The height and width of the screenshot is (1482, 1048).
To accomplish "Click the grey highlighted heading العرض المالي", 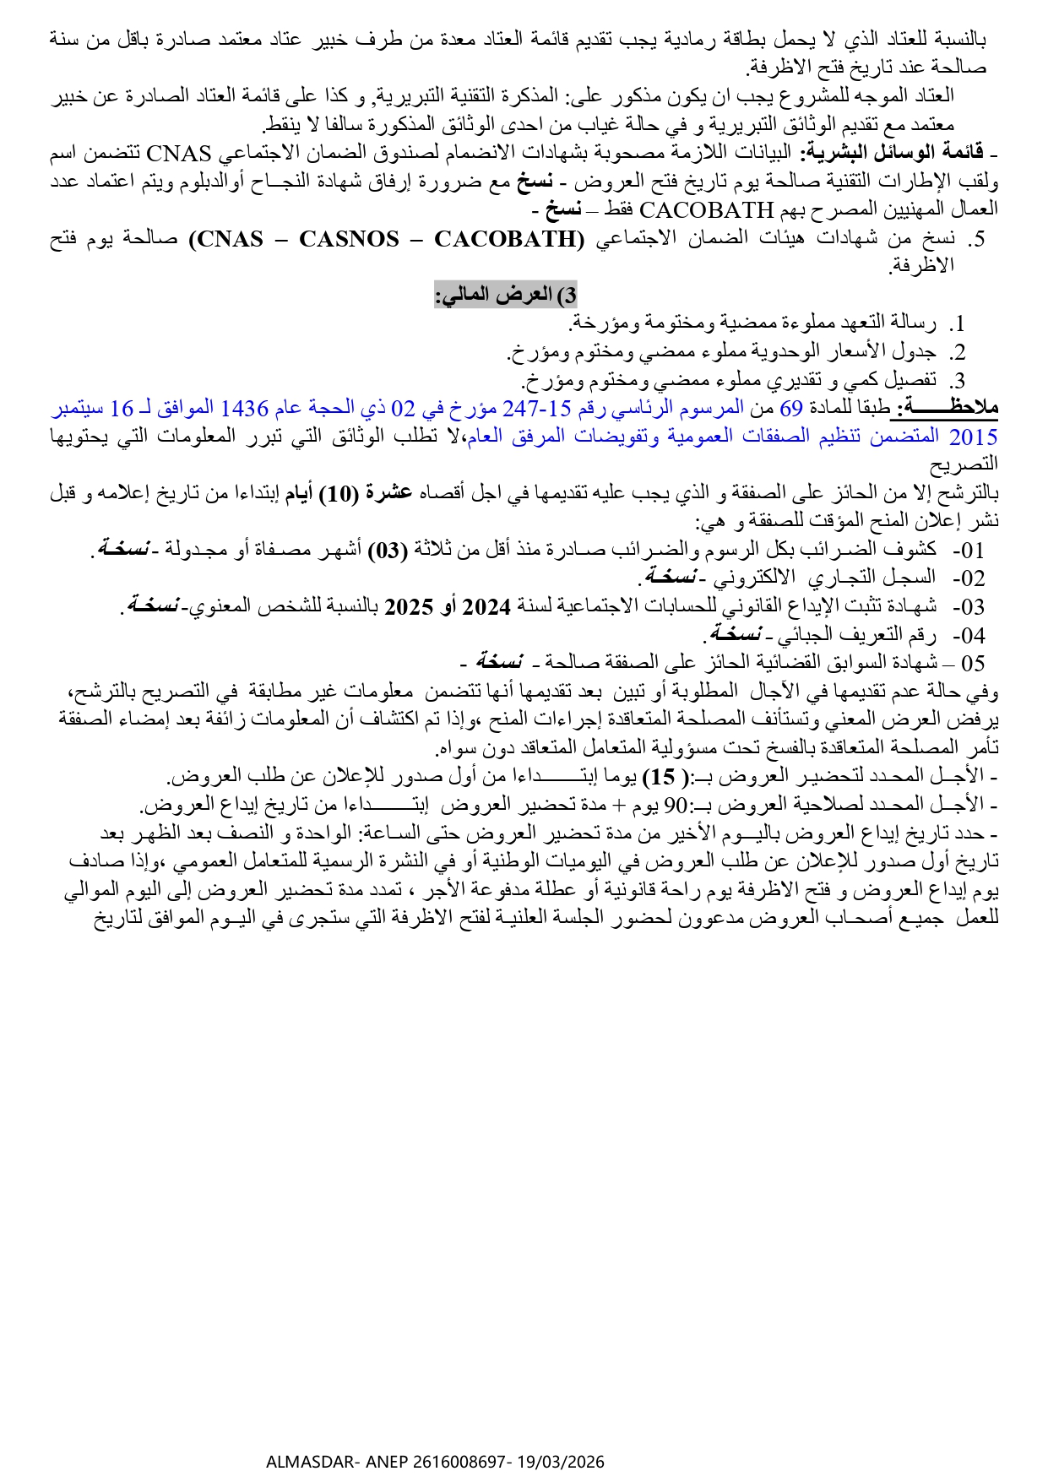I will [x=506, y=295].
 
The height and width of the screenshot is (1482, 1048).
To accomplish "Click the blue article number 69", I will [x=790, y=409].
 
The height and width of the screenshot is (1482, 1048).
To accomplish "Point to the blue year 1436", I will [x=244, y=409].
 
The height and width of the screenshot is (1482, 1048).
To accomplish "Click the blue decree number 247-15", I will [x=537, y=409].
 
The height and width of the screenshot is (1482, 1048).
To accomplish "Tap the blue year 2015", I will [x=974, y=437].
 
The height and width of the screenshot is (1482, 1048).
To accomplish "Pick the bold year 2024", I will [x=487, y=606].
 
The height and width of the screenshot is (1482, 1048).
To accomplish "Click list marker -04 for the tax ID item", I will [x=969, y=635].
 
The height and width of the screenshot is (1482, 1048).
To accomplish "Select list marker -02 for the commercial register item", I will [x=969, y=578].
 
